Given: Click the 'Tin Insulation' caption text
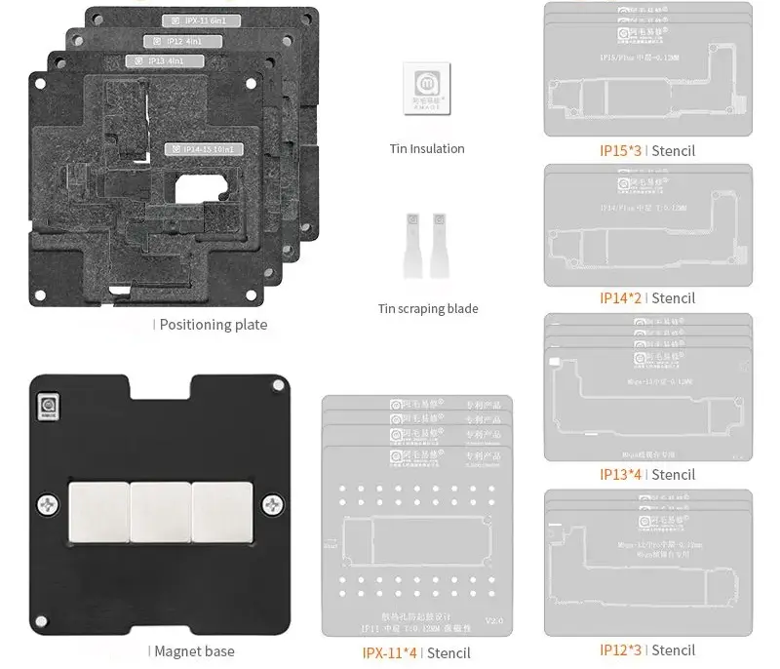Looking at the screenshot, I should click(x=427, y=149).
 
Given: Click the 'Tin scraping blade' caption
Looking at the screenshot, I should click(x=428, y=309).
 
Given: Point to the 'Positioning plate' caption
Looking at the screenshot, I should click(x=213, y=325).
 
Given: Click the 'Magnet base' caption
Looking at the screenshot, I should click(x=194, y=650).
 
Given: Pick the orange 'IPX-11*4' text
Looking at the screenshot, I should click(x=389, y=652).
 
